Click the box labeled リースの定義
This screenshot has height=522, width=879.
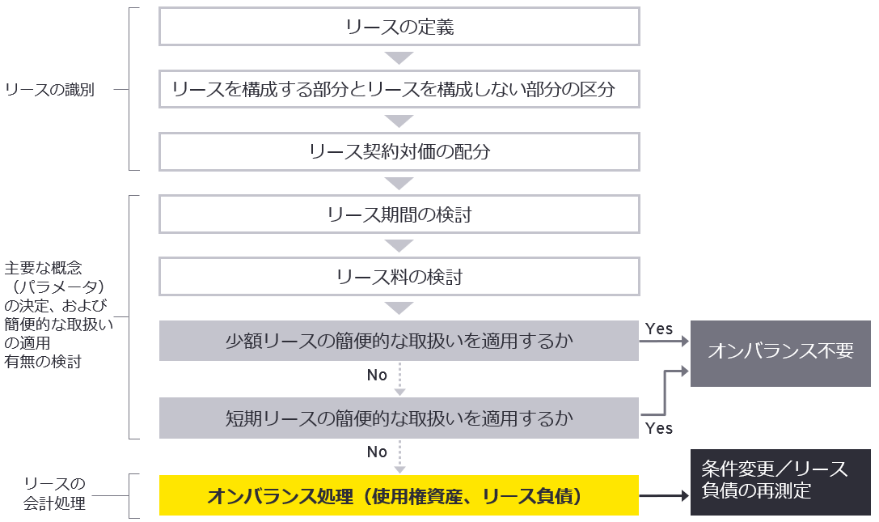(x=399, y=28)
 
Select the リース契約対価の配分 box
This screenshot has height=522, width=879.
(x=399, y=151)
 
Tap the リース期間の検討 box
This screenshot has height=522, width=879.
(x=399, y=214)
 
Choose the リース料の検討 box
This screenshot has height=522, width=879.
(x=399, y=277)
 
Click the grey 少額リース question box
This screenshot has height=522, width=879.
(x=399, y=341)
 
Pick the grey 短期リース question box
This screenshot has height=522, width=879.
(x=399, y=418)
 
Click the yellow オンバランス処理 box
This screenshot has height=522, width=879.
(x=399, y=495)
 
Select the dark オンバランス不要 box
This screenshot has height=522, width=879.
(x=780, y=351)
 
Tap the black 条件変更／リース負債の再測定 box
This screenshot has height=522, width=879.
(x=780, y=481)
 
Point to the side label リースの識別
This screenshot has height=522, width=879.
(x=49, y=90)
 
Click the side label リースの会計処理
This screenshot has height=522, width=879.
(x=54, y=494)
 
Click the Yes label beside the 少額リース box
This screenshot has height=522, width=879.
(x=659, y=329)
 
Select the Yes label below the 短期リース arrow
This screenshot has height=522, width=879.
(x=659, y=428)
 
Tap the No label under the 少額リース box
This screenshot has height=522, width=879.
(x=377, y=375)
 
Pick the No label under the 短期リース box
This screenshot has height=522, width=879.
(x=377, y=452)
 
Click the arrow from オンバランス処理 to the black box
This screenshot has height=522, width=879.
(x=665, y=495)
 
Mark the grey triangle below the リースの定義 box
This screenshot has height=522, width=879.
(x=399, y=58)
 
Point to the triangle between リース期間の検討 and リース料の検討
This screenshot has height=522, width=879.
(x=399, y=245)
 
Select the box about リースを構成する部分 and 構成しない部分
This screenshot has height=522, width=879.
(x=399, y=89)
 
